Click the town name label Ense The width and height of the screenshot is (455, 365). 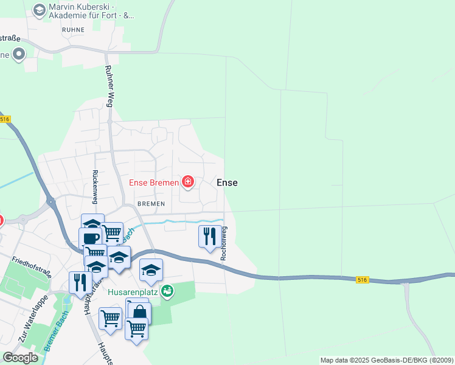(227, 182)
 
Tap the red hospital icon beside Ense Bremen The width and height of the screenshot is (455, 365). (188, 182)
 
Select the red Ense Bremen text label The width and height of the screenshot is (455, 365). (154, 182)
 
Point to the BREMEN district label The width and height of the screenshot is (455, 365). (151, 203)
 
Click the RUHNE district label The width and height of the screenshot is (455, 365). (73, 29)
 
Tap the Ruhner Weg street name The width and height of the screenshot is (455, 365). (109, 86)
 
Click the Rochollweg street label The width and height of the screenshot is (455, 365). (223, 243)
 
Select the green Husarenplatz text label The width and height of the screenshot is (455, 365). (133, 292)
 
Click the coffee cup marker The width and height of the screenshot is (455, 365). (90, 238)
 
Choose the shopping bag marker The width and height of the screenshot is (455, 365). (140, 312)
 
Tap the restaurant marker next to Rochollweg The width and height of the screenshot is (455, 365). (210, 235)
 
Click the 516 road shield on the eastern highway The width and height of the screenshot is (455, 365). (363, 279)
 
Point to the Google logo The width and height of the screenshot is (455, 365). (21, 358)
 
